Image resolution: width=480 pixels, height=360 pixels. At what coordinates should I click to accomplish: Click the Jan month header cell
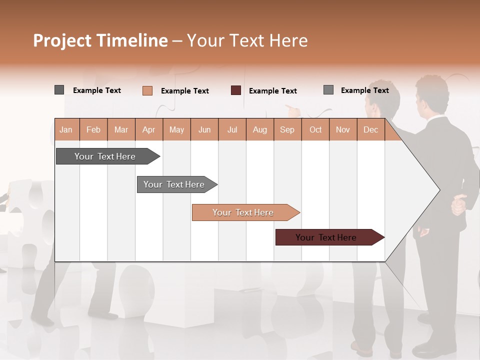coord(66,129)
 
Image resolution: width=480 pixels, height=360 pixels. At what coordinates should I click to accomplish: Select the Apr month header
coord(149,129)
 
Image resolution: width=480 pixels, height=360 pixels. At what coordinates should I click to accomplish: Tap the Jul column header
coord(232,129)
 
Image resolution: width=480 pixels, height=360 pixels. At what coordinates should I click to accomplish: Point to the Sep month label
coord(287,129)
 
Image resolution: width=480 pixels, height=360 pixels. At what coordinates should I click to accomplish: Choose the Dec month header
coord(370,129)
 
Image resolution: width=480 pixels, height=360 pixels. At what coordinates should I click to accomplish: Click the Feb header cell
coord(93,129)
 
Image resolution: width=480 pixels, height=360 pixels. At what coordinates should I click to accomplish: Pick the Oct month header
coord(315,129)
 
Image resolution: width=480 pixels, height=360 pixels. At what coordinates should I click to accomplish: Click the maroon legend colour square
coord(236,90)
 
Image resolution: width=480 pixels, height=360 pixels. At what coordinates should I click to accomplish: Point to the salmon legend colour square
coord(147,90)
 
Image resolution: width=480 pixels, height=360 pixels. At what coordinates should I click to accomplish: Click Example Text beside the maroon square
coord(273,91)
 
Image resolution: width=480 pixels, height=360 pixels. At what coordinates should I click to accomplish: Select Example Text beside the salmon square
coord(185,91)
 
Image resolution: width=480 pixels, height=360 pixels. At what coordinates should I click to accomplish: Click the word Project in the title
coord(62,40)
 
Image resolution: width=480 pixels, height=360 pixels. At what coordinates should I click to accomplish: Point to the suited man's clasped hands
coord(459,204)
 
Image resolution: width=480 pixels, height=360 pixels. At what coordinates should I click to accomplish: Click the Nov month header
coord(343,129)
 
